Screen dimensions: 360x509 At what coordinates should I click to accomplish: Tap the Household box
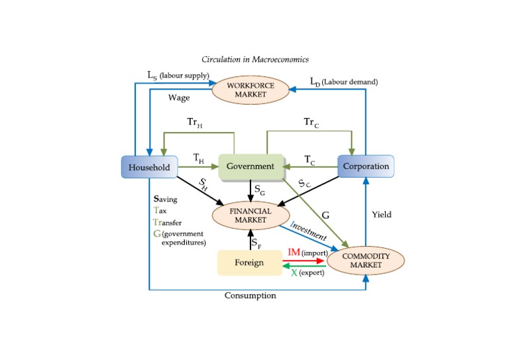pos(149,166)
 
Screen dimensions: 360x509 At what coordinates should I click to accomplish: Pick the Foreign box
pos(250,262)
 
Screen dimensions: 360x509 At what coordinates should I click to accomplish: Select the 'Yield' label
pos(381,215)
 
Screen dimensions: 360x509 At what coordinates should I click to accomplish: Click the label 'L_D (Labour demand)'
pos(344,81)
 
